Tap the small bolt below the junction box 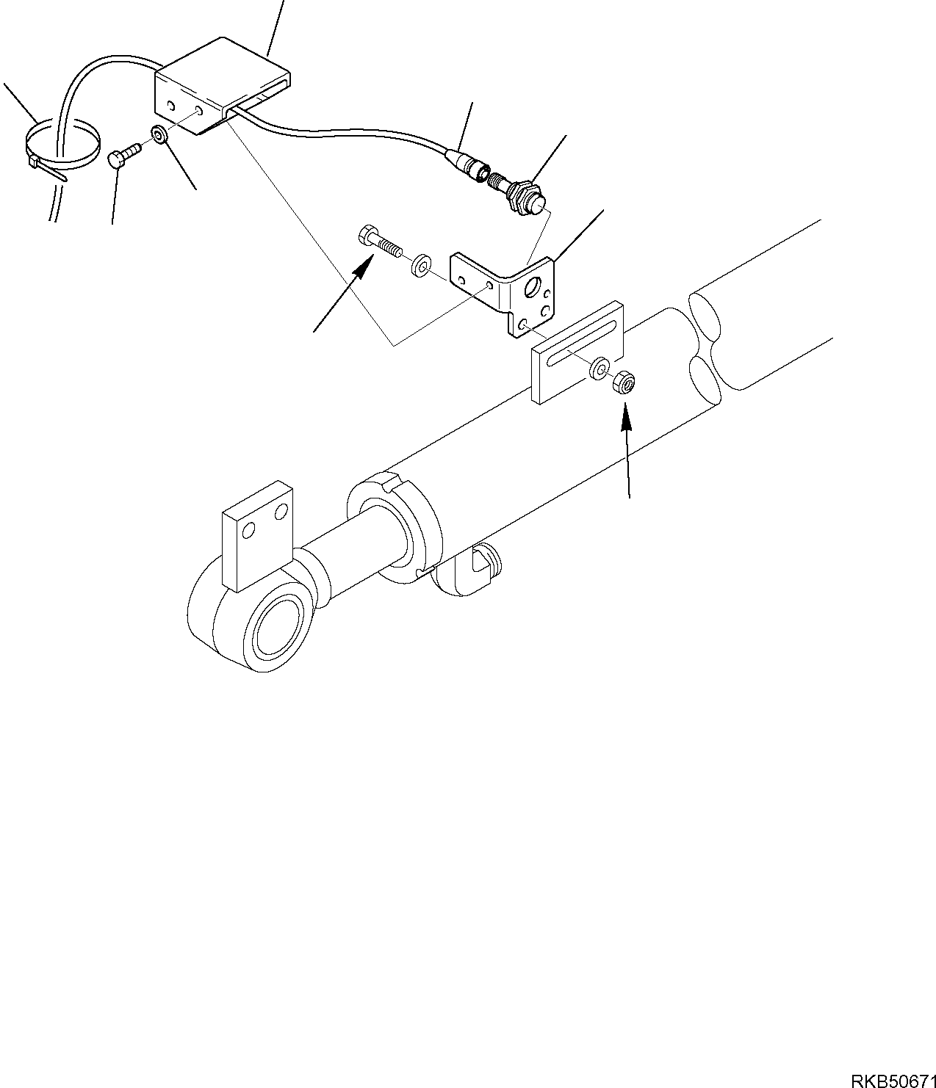(124, 156)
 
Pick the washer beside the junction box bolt (159, 134)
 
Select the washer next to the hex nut (600, 367)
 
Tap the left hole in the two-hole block (250, 532)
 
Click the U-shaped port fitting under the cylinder (478, 565)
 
